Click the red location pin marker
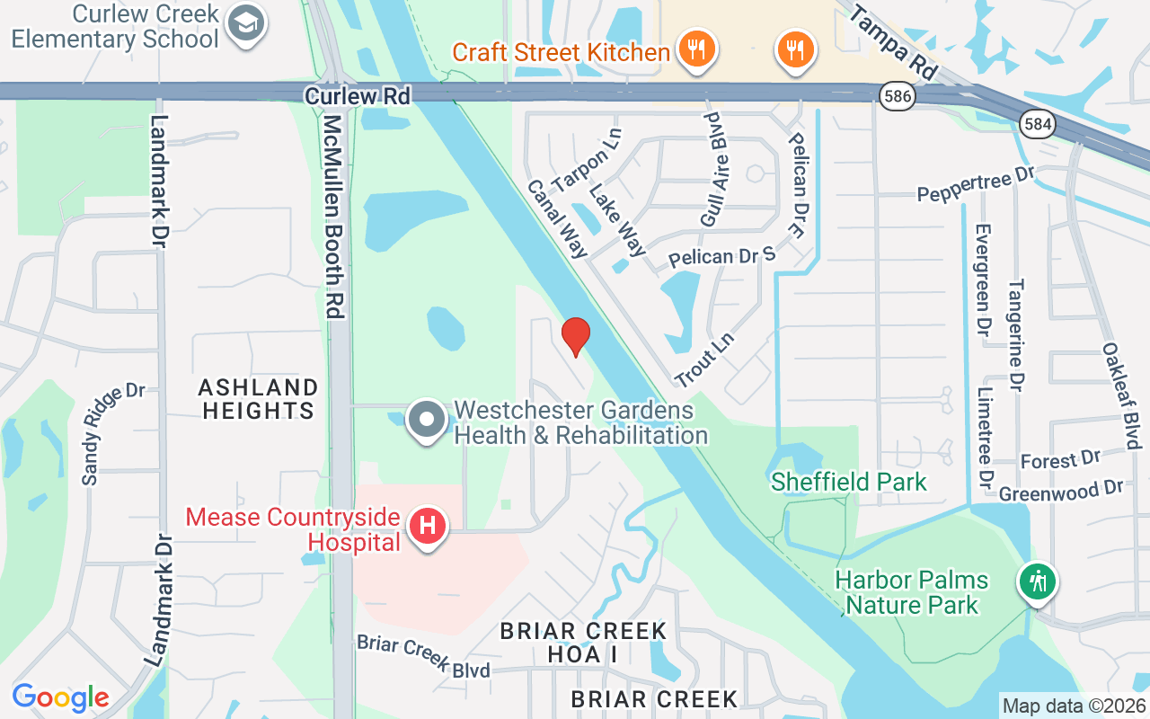coord(575,336)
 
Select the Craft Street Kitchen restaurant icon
coord(695,49)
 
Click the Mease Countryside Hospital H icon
coord(428,526)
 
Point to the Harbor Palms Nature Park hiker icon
coord(1038,581)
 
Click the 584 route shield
coord(1037,124)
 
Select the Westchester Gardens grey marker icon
coord(428,420)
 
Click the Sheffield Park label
coord(848,482)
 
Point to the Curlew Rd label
coord(357,95)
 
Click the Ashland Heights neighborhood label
coord(259,399)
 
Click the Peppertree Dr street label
coord(976,184)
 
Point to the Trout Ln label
coord(704,360)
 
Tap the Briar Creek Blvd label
coord(423,657)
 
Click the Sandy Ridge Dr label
coord(113,434)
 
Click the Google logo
coord(60,697)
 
